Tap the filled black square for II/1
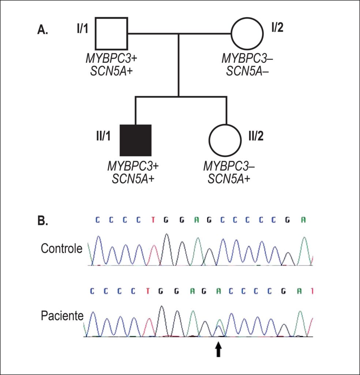(135, 140)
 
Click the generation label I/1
(82, 29)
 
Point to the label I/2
(277, 27)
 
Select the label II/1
(103, 136)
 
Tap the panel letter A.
(42, 30)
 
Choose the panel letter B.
(43, 221)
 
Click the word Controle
(61, 248)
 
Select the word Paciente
(62, 316)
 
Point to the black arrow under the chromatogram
(218, 349)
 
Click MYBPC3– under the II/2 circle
(229, 166)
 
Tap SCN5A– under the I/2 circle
(247, 71)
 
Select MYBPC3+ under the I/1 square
(112, 58)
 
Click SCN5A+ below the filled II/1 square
(133, 179)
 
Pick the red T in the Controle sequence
(153, 220)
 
